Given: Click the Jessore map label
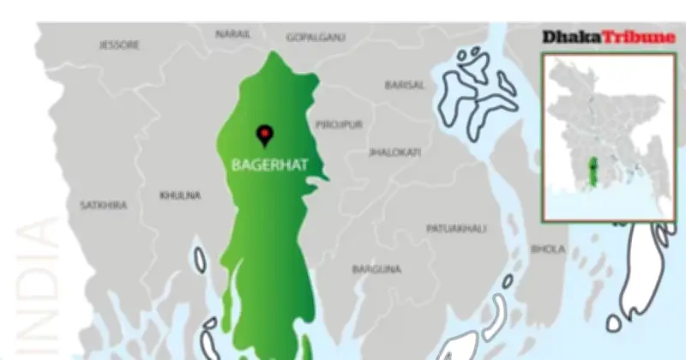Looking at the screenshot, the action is [x=119, y=45].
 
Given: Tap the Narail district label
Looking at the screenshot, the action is [x=232, y=34].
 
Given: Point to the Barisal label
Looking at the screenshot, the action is [x=404, y=85].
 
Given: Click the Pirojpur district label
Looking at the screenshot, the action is [x=339, y=124].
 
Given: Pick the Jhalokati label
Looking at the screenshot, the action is [x=394, y=152].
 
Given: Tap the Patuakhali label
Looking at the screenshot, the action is [x=456, y=229].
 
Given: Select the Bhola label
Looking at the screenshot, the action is [x=548, y=249].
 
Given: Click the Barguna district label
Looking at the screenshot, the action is [x=376, y=269].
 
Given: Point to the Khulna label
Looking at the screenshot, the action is [x=180, y=195].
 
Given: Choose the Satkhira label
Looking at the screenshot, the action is [x=103, y=206].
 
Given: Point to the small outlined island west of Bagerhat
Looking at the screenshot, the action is [x=200, y=260].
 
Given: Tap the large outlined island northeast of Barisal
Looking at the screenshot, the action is [x=475, y=89].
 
